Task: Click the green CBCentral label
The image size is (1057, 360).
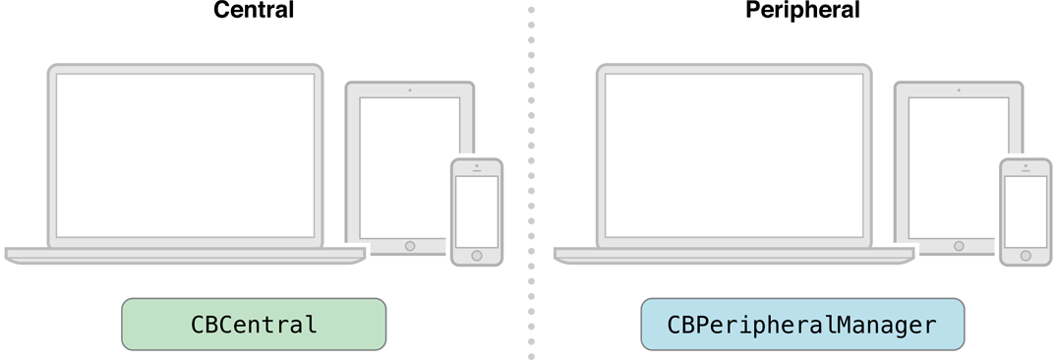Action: [x=254, y=325]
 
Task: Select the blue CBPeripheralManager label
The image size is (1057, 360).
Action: [x=802, y=325]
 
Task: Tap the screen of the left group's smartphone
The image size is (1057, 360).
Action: [x=477, y=210]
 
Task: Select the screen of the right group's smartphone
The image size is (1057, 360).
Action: [x=1026, y=210]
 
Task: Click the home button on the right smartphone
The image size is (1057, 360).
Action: [x=1026, y=256]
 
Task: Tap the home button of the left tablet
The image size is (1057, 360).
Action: [x=410, y=245]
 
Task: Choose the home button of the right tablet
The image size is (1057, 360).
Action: [x=959, y=245]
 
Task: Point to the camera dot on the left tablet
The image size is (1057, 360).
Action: [x=410, y=90]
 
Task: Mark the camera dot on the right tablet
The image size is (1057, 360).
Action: [x=959, y=90]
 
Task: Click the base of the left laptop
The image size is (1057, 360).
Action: [x=185, y=254]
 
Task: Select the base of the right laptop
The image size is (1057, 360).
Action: [x=734, y=254]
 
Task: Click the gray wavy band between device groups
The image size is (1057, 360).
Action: [x=530, y=177]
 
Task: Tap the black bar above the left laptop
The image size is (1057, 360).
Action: [x=254, y=14]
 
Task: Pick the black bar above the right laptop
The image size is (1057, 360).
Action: [x=802, y=14]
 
